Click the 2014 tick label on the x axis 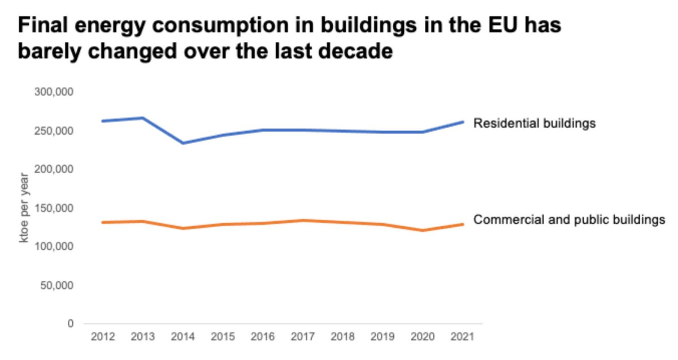tap(182, 337)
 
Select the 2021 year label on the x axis tap(463, 337)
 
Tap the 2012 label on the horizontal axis tap(102, 337)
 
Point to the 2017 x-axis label tap(303, 337)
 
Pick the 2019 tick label tap(383, 337)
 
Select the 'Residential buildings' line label tap(534, 123)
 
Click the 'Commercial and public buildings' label tap(569, 219)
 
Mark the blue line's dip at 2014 tap(182, 143)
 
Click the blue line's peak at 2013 tap(142, 118)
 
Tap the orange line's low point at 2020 tap(423, 230)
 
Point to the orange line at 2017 tap(303, 220)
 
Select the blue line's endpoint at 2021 tap(463, 122)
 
